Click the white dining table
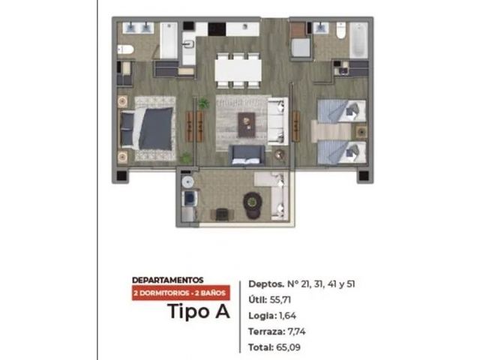pos(238,70)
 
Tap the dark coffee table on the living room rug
pos(247,124)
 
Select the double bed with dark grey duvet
pos(147,128)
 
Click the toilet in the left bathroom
pos(125,49)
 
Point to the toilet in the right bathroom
pos(340,30)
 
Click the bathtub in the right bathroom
pos(358,40)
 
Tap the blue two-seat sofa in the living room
pos(247,155)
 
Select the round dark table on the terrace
pos(253,202)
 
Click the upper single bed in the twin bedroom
pos(342,111)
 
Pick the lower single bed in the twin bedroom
pos(342,152)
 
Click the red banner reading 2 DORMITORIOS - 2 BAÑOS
pos(181,293)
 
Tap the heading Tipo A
pos(199,311)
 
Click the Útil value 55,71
pos(280,300)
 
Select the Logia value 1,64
pos(288,316)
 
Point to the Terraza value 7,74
pos(297,331)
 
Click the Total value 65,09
pos(288,347)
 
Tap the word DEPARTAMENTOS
pos(168,280)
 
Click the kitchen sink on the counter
pos(188,45)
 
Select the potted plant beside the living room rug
pos(203,103)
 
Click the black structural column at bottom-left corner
pos(121,175)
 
